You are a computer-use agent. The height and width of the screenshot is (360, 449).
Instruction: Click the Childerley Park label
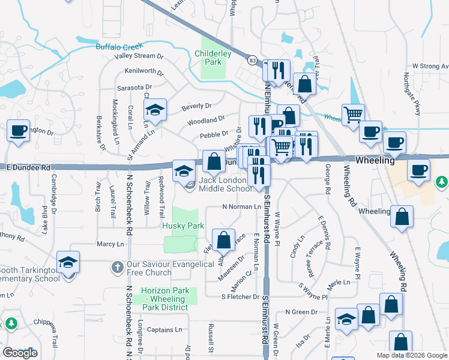tap(213, 57)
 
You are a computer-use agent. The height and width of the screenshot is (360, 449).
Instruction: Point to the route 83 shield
tap(252, 61)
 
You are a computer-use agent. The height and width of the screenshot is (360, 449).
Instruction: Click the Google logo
tap(20, 353)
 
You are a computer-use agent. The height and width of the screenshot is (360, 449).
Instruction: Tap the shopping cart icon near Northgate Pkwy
tap(353, 113)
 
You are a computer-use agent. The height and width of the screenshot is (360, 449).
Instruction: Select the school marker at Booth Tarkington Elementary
tap(68, 262)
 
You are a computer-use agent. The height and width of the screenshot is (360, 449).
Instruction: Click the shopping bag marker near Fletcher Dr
tap(224, 240)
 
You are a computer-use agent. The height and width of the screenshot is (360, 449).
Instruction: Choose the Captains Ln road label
tap(164, 329)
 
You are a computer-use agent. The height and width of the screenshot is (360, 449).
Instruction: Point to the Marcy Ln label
tap(110, 244)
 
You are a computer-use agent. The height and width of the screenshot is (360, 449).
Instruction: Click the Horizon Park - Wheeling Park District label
tap(165, 299)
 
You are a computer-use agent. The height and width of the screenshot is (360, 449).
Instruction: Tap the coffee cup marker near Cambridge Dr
tap(18, 130)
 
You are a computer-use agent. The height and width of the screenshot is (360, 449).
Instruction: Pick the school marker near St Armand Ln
tap(155, 110)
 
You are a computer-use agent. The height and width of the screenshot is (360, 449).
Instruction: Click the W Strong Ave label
tap(430, 66)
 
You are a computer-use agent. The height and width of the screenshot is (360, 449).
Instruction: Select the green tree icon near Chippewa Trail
tap(11, 325)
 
